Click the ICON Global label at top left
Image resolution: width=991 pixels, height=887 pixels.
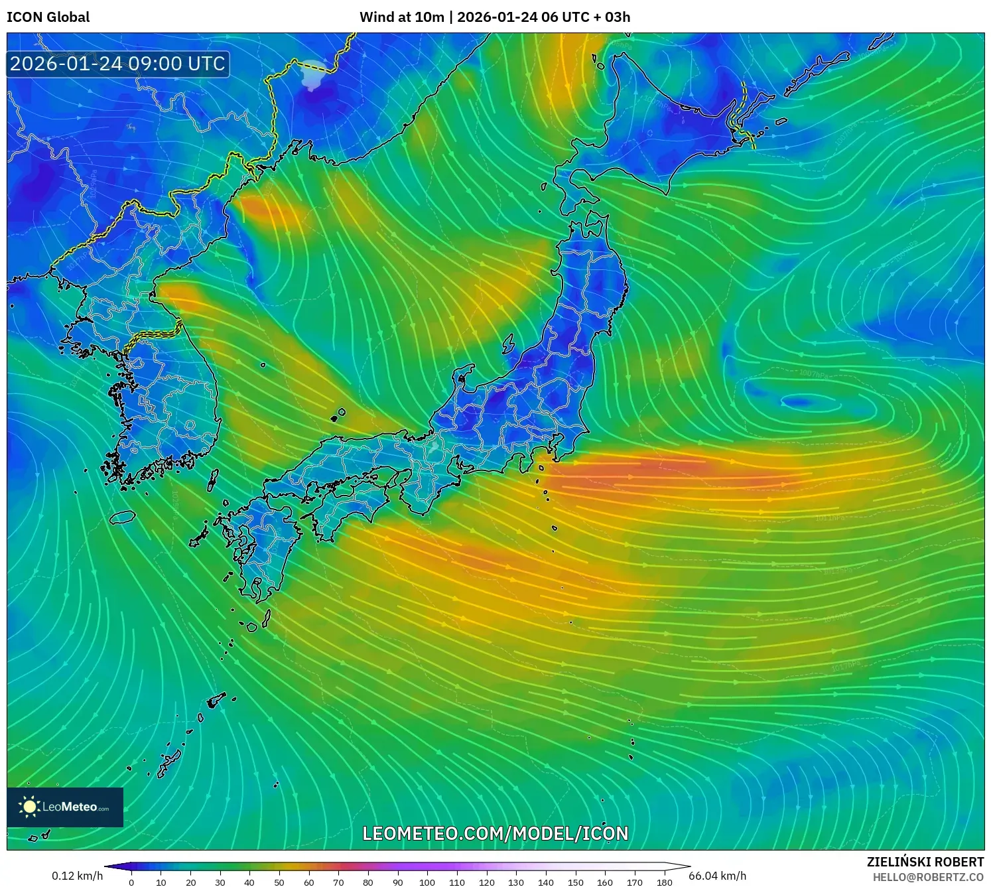tap(48, 17)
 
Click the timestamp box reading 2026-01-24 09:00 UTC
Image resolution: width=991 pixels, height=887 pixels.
tap(117, 64)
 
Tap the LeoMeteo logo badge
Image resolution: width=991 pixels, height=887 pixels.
tap(65, 807)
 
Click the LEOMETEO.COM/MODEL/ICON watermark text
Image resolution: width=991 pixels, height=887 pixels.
tap(495, 833)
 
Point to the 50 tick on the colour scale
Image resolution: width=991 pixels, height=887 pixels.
tap(279, 882)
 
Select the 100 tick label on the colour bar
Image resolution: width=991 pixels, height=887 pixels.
tap(427, 882)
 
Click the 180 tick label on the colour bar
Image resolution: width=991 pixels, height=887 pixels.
tap(664, 882)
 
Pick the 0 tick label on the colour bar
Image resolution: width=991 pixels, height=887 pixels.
tap(131, 882)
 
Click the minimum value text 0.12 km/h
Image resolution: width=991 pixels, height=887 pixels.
tap(77, 876)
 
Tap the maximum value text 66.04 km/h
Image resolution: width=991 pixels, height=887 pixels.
tap(717, 876)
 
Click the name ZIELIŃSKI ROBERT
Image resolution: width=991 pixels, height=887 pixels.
tap(925, 862)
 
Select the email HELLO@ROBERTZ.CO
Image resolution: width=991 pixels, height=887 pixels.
tap(927, 877)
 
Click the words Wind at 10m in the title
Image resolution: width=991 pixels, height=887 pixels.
tap(401, 17)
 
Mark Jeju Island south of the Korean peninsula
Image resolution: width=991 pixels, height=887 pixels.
tap(123, 516)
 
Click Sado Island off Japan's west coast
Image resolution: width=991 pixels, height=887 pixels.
tap(509, 344)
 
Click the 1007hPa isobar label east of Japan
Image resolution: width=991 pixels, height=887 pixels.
tap(813, 374)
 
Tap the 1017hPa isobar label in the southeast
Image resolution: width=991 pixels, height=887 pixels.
tap(846, 665)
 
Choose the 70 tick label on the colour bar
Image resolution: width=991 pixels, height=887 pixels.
tap(338, 882)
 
